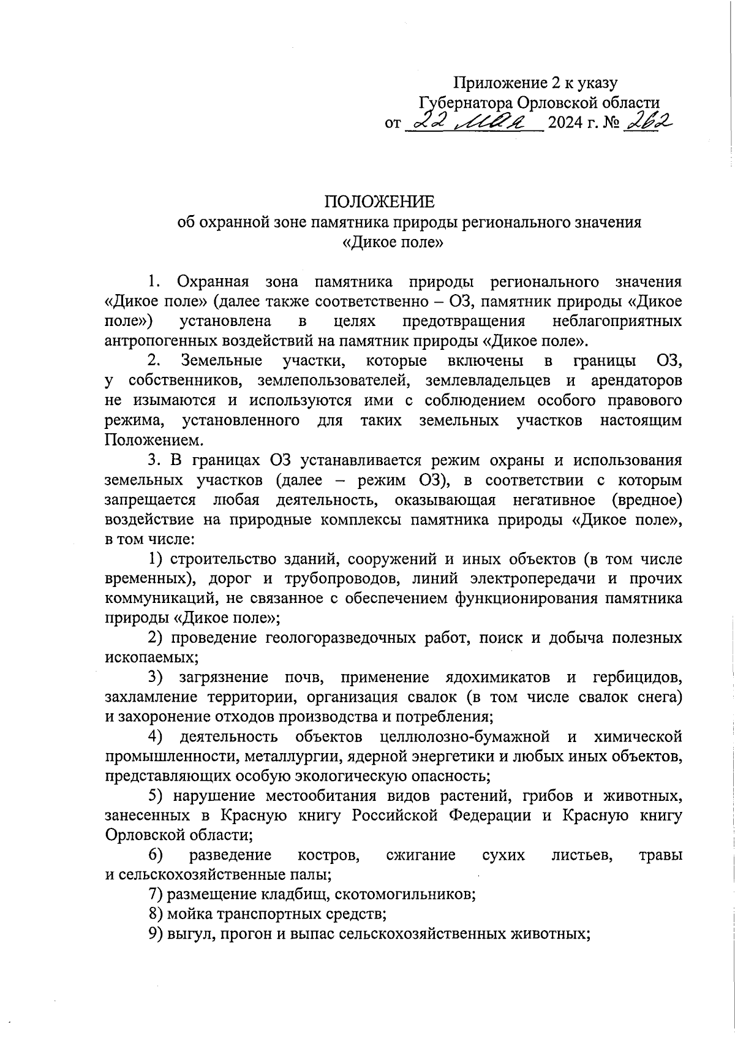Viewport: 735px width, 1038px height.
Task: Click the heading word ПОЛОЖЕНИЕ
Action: point(379,202)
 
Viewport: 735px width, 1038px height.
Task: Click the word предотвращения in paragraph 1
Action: point(464,321)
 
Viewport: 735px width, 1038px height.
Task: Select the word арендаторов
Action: point(636,381)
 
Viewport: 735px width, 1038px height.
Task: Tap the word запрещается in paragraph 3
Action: point(150,499)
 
